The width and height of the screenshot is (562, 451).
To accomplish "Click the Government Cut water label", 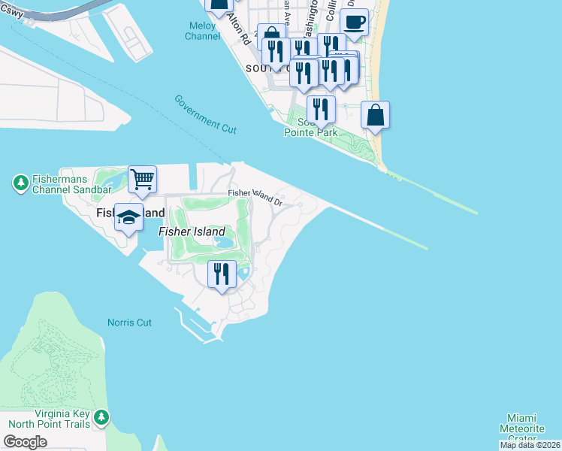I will tap(205, 114).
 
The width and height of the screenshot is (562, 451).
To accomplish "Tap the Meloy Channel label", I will tap(202, 31).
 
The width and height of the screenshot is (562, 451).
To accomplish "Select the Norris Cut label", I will tap(129, 322).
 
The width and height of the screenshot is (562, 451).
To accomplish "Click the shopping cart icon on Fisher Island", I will tap(142, 179).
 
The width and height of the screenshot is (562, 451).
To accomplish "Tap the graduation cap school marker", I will tap(128, 216).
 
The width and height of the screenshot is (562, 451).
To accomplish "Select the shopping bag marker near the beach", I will tap(376, 115).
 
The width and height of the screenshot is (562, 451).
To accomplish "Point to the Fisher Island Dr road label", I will tap(255, 198).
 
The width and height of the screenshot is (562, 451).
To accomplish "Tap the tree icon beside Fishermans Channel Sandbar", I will tap(20, 183).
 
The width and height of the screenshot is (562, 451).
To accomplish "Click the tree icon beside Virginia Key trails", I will tap(101, 416).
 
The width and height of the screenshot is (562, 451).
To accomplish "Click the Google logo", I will tap(26, 442).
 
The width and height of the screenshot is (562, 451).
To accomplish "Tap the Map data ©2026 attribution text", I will tap(529, 445).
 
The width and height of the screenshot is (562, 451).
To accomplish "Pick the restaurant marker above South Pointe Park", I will tap(321, 109).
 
